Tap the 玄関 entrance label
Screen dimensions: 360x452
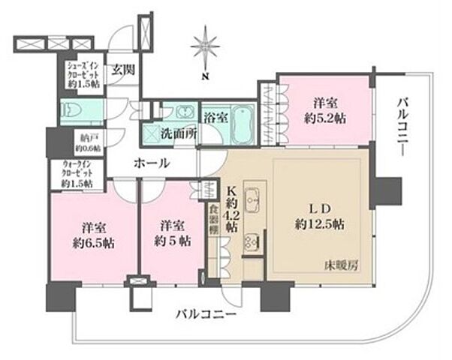[122, 70]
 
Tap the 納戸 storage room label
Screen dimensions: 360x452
[77, 142]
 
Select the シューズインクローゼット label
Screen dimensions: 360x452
[82, 73]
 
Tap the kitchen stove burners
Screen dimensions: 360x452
[252, 244]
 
